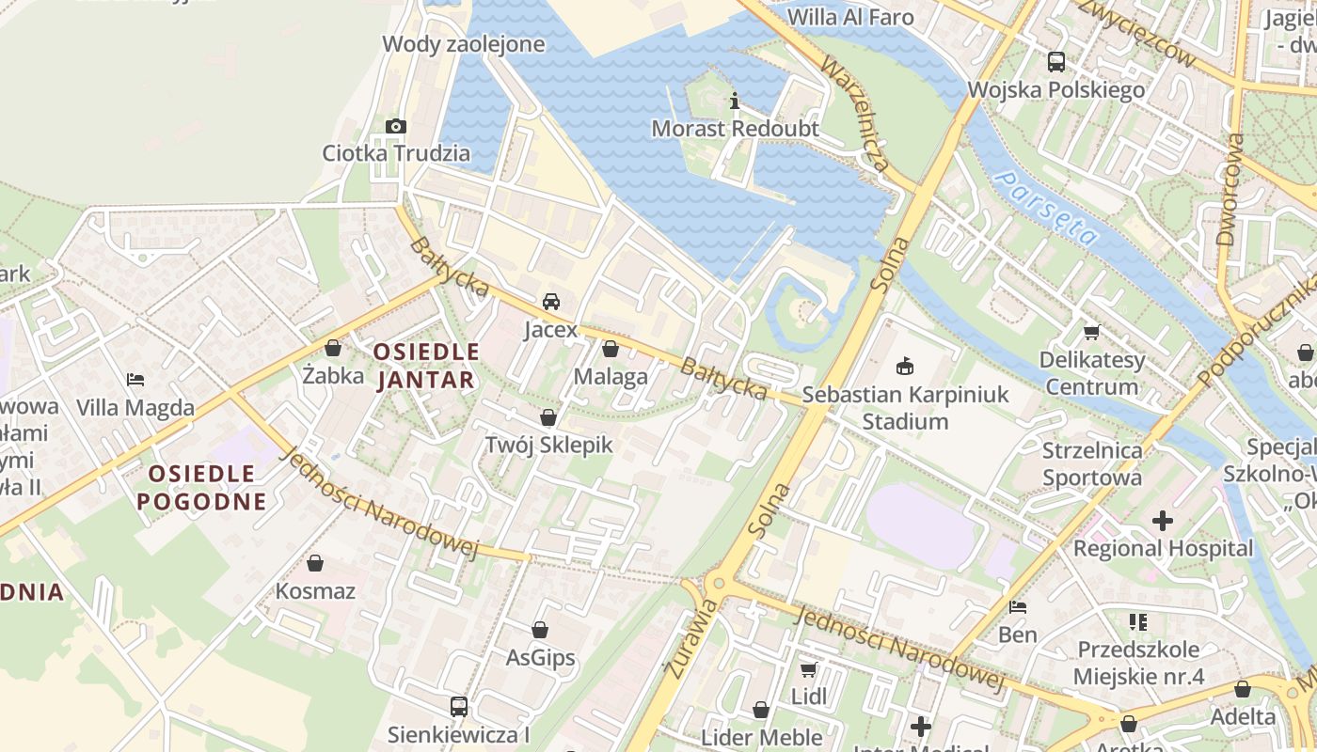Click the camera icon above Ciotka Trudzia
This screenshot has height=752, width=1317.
(x=396, y=126)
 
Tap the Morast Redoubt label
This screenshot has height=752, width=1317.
(x=736, y=129)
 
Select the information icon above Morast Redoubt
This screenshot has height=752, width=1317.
(x=735, y=102)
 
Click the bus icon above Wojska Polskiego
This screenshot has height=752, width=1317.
(x=1056, y=62)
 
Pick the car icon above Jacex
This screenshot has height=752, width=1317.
(x=551, y=302)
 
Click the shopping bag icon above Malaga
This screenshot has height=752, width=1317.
(x=611, y=350)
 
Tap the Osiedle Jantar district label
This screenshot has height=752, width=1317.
(x=426, y=366)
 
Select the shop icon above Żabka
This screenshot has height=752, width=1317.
(x=333, y=348)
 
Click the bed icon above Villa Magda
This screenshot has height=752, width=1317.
(x=135, y=380)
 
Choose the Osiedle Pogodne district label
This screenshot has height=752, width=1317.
(x=201, y=486)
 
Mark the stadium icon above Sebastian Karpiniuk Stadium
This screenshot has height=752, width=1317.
(x=906, y=366)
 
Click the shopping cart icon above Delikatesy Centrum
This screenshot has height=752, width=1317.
(x=1092, y=332)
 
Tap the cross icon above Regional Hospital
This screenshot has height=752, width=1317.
(x=1163, y=520)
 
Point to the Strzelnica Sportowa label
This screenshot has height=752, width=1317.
(x=1092, y=463)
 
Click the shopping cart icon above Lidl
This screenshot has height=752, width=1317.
(x=808, y=669)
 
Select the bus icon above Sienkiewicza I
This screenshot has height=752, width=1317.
(x=459, y=706)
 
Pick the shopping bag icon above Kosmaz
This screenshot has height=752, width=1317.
(x=315, y=563)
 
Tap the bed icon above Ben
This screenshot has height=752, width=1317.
(x=1018, y=607)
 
